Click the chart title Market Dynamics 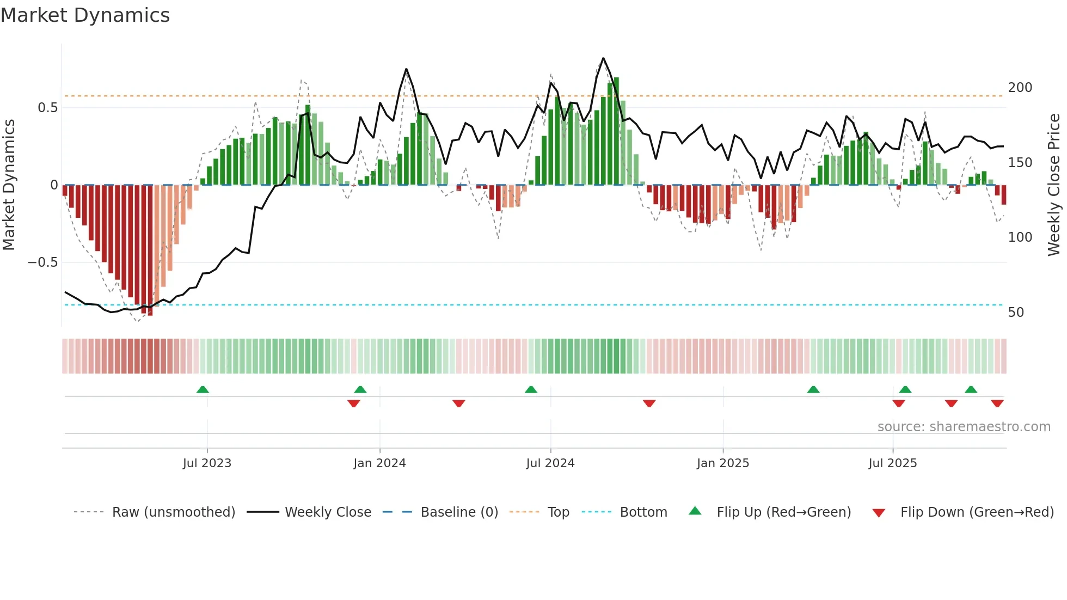pyautogui.click(x=85, y=15)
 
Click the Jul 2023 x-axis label pyautogui.click(x=207, y=463)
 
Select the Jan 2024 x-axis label pyautogui.click(x=379, y=463)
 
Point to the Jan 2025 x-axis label pyautogui.click(x=723, y=463)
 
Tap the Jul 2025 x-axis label pyautogui.click(x=893, y=463)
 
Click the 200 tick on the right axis pyautogui.click(x=1020, y=88)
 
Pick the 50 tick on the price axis pyautogui.click(x=1016, y=313)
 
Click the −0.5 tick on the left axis pyautogui.click(x=42, y=262)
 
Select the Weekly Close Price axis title pyautogui.click(x=1054, y=185)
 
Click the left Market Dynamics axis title pyautogui.click(x=9, y=185)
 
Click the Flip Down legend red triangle pyautogui.click(x=879, y=513)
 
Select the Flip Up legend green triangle pyautogui.click(x=695, y=511)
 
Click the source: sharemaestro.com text pyautogui.click(x=964, y=427)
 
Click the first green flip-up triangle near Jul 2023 pyautogui.click(x=203, y=389)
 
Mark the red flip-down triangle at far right pyautogui.click(x=997, y=403)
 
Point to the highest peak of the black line pyautogui.click(x=603, y=58)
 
